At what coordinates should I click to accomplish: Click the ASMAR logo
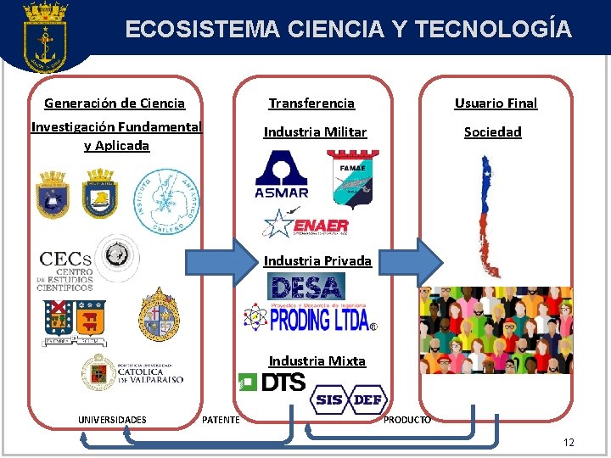(x=282, y=175)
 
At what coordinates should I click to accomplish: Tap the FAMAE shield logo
(x=352, y=179)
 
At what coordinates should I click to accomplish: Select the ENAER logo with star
(x=306, y=224)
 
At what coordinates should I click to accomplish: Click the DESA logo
(x=305, y=286)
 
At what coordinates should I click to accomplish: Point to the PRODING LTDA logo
(x=309, y=317)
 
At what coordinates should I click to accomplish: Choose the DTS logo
(x=272, y=383)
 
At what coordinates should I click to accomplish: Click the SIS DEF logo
(x=349, y=399)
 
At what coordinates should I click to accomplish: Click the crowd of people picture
(x=496, y=329)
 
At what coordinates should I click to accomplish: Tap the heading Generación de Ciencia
(x=115, y=103)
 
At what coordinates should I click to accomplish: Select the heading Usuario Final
(x=496, y=103)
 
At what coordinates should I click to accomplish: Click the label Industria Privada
(x=317, y=261)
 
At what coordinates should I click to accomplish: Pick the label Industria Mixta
(x=317, y=361)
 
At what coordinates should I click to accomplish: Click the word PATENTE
(x=221, y=420)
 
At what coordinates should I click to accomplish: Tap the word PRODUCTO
(x=407, y=420)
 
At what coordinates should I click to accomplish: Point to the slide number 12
(x=569, y=442)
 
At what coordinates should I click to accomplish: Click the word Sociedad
(x=492, y=132)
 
